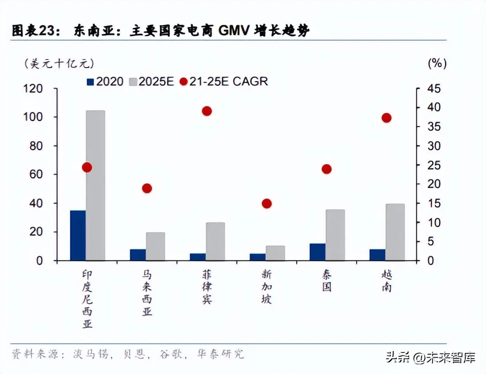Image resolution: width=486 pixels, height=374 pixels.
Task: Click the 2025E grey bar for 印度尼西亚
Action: [95, 185]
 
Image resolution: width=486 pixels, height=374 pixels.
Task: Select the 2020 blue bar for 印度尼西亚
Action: [78, 236]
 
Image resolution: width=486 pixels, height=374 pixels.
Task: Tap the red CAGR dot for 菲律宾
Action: [207, 111]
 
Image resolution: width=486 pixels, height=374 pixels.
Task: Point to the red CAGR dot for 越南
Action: [387, 118]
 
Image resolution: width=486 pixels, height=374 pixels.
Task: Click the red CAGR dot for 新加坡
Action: [267, 203]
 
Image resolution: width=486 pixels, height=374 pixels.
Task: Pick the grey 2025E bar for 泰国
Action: [335, 235]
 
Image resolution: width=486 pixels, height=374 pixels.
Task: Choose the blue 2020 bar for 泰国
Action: [318, 252]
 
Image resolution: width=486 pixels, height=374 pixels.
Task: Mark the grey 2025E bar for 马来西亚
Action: [155, 246]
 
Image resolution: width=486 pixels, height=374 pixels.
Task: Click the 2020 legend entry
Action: [105, 82]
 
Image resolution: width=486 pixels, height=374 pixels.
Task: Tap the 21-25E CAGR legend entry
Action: [224, 82]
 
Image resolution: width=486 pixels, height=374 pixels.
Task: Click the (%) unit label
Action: [437, 64]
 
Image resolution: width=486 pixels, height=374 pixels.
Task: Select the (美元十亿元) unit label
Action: [59, 64]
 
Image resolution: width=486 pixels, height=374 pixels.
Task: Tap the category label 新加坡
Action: [266, 287]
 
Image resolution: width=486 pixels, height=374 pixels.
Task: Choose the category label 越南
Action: [386, 281]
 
